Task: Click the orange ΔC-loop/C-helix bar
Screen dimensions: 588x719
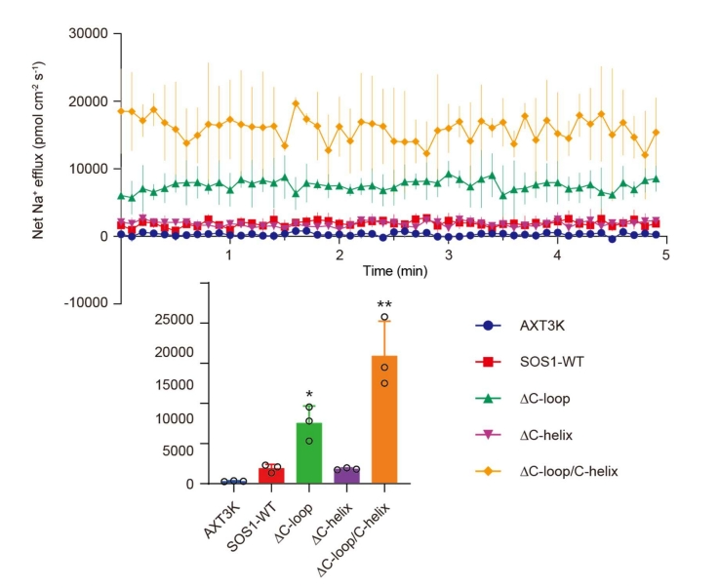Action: (385, 419)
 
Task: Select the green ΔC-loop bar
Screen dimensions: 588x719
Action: (308, 452)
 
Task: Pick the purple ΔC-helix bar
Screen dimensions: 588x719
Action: (346, 476)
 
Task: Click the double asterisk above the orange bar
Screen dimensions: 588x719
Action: (385, 305)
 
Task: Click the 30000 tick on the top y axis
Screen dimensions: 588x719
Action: (90, 34)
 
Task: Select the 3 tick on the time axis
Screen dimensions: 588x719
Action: (448, 254)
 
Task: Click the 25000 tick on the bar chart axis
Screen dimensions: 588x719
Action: (177, 322)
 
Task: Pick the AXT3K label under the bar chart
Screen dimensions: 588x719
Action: (224, 512)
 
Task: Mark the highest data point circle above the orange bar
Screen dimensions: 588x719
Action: (385, 317)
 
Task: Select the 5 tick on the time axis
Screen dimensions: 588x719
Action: (665, 254)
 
